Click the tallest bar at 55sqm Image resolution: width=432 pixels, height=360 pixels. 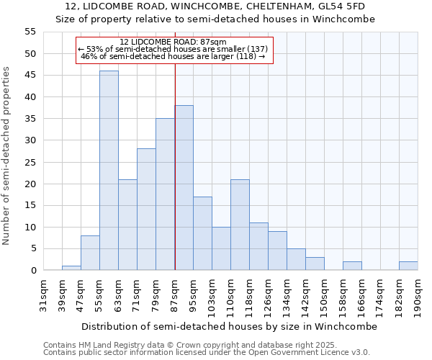pyautogui.click(x=109, y=171)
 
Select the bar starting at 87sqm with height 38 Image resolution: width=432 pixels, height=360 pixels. pyautogui.click(x=184, y=188)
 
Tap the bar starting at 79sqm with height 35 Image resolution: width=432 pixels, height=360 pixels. pyautogui.click(x=165, y=194)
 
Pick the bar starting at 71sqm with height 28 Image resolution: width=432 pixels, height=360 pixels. pyautogui.click(x=146, y=210)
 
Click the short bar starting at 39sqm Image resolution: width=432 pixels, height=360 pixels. pyautogui.click(x=71, y=268)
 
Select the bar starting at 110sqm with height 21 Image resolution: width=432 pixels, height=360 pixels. pyautogui.click(x=240, y=225)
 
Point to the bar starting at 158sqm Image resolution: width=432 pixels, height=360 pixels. pyautogui.click(x=352, y=266)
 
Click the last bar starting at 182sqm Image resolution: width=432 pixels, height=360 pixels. pyautogui.click(x=408, y=266)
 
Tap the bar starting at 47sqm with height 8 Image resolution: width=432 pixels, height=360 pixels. pyautogui.click(x=90, y=253)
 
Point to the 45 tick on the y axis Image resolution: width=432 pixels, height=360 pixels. pyautogui.click(x=30, y=76)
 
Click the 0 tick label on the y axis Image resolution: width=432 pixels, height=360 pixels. pyautogui.click(x=33, y=271)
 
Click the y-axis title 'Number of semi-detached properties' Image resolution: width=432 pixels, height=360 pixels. pyautogui.click(x=7, y=156)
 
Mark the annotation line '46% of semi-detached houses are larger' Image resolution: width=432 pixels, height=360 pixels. pyautogui.click(x=173, y=56)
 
